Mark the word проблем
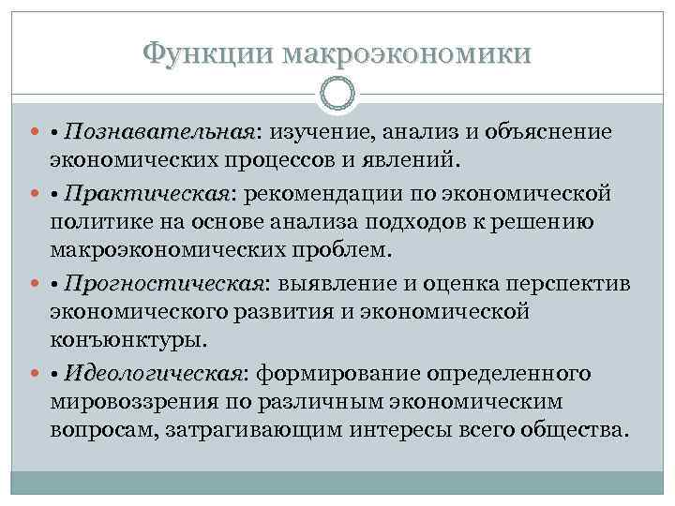pyautogui.click(x=351, y=252)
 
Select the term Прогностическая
pyautogui.click(x=167, y=284)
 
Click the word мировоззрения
pyautogui.click(x=131, y=401)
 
